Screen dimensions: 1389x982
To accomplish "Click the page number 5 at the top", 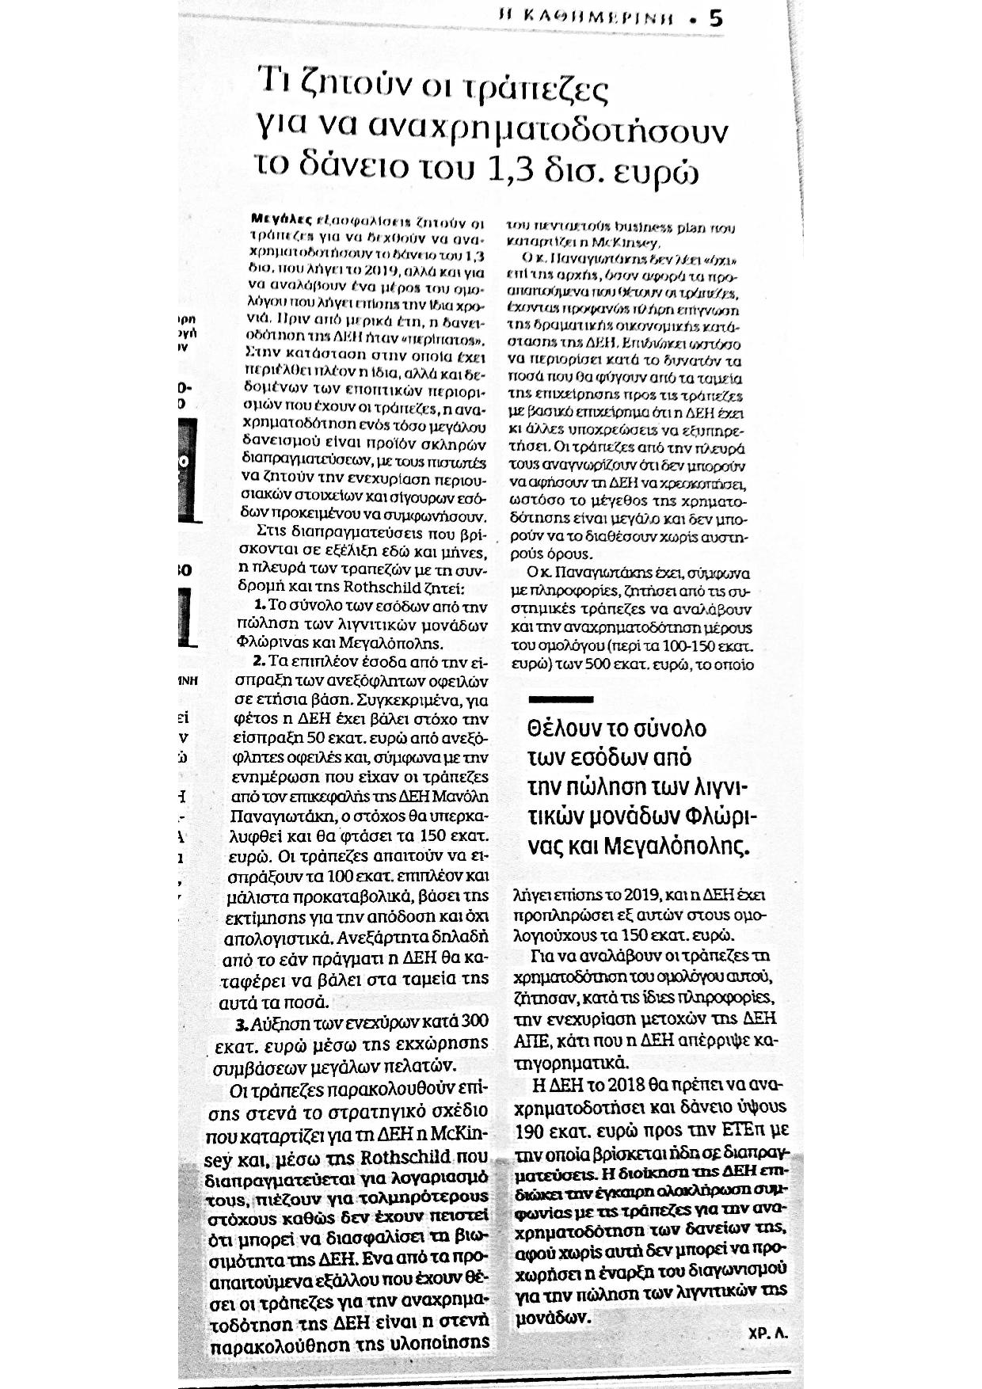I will pyautogui.click(x=716, y=18).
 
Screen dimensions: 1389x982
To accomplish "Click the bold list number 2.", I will pyautogui.click(x=258, y=661).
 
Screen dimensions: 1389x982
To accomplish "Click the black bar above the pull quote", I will pyautogui.click(x=561, y=700).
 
